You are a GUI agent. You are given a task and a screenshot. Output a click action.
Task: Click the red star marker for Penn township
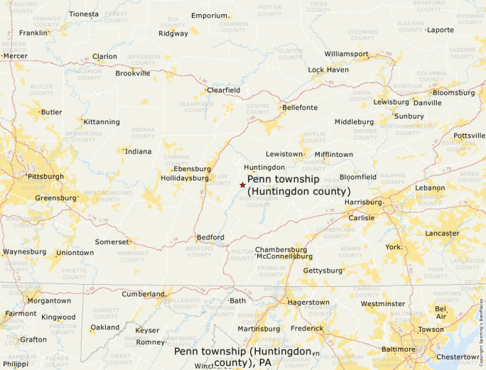[242, 185]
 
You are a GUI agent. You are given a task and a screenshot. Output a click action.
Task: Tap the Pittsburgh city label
[45, 176]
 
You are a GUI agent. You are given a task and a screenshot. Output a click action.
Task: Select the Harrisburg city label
[363, 202]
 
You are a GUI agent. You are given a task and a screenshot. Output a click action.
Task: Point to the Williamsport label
[347, 54]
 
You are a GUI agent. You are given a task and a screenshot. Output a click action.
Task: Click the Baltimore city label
[399, 349]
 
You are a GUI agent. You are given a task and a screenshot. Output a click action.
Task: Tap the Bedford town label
[211, 237]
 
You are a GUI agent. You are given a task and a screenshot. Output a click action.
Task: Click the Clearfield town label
[223, 90]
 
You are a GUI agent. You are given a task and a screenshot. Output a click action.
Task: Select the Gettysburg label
[323, 271]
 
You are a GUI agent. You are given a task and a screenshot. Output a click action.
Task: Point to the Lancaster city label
[442, 233]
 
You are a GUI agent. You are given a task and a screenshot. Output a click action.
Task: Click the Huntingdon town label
[264, 168]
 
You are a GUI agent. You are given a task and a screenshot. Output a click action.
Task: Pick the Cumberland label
[143, 294]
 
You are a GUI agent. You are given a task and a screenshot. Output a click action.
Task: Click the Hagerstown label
[308, 302]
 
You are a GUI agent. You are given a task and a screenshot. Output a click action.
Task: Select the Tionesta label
[84, 14]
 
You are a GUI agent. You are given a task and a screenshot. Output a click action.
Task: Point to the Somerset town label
[112, 241]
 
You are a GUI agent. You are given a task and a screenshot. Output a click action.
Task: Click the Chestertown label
[458, 357]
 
